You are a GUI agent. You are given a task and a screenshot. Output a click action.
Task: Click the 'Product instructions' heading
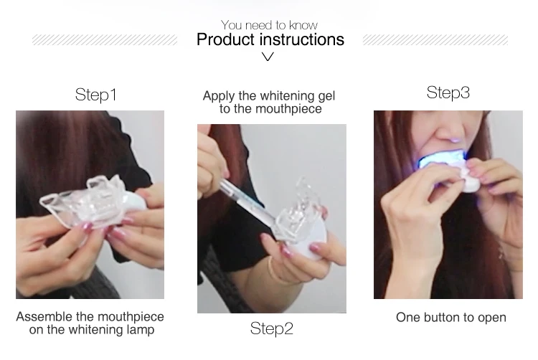click(x=270, y=39)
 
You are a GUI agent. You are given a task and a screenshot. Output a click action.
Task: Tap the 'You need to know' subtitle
click(x=269, y=25)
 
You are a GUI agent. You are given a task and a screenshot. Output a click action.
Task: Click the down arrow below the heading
click(x=268, y=57)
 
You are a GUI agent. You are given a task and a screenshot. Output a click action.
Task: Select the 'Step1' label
click(x=95, y=95)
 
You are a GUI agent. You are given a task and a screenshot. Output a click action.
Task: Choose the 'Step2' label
click(x=271, y=328)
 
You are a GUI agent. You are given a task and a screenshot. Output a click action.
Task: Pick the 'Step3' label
click(x=448, y=93)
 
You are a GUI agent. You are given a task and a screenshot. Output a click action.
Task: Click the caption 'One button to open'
click(x=450, y=317)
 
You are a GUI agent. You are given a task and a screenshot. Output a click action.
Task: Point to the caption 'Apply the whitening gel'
click(x=269, y=96)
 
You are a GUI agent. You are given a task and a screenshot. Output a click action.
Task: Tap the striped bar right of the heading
click(x=435, y=40)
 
